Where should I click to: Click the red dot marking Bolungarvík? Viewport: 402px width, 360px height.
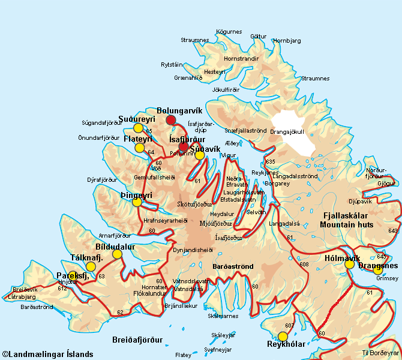click(171, 121)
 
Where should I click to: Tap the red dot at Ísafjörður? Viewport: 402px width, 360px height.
click(184, 147)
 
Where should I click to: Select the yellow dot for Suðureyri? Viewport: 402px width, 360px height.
click(139, 128)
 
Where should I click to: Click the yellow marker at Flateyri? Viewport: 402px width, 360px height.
click(140, 148)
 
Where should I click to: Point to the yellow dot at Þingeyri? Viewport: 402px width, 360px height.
click(137, 202)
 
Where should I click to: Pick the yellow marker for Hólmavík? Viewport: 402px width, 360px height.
click(349, 264)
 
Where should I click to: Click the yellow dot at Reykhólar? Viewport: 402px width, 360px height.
click(283, 336)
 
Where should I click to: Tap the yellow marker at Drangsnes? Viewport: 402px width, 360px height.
click(378, 270)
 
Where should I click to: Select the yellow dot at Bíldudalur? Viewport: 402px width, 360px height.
click(117, 254)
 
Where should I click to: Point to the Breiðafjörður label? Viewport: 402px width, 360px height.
click(137, 340)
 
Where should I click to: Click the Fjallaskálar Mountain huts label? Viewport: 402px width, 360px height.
click(347, 220)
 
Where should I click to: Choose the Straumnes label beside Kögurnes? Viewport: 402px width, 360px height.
click(194, 40)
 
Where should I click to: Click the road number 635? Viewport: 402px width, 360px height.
click(271, 162)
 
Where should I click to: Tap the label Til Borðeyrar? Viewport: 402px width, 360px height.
click(380, 352)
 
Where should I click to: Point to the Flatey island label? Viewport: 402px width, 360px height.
click(183, 355)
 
